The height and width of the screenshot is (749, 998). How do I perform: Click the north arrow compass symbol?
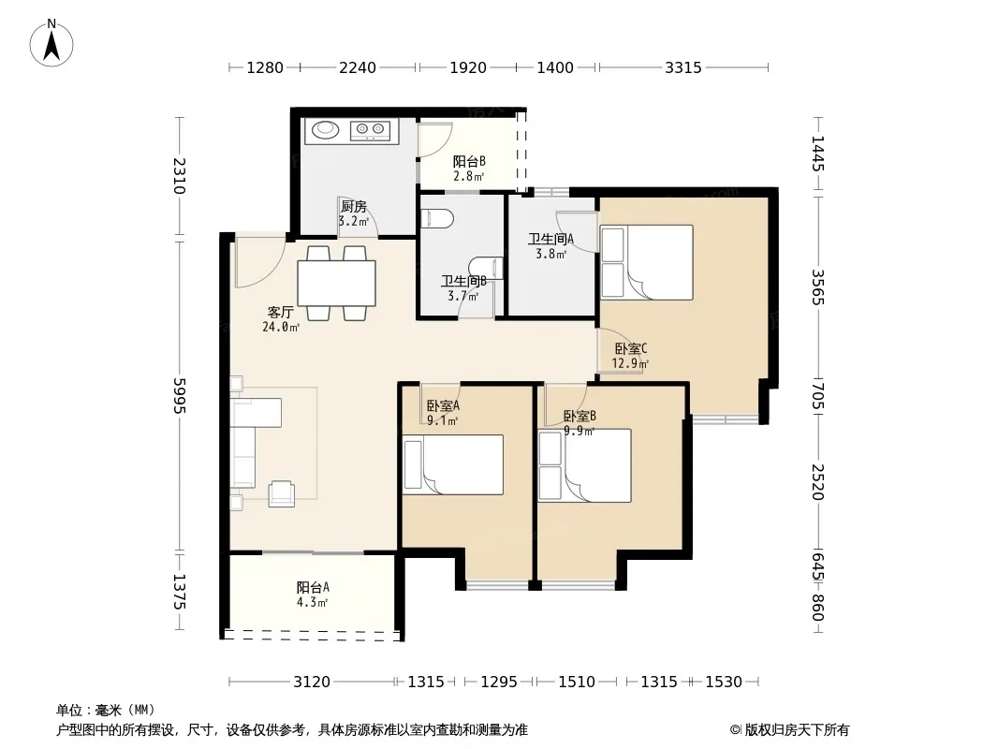pyautogui.click(x=51, y=43)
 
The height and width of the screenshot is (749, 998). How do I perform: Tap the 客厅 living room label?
pyautogui.click(x=281, y=313)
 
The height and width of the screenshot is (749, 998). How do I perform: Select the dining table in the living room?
pyautogui.click(x=337, y=283)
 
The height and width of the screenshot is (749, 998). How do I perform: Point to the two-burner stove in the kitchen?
pyautogui.click(x=370, y=130)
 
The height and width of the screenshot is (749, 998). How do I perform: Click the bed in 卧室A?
pyautogui.click(x=453, y=464)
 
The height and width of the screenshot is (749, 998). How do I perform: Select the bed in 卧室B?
pyautogui.click(x=585, y=466)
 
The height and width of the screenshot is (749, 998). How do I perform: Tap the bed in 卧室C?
pyautogui.click(x=647, y=262)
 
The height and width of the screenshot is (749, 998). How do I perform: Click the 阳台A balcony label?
pyautogui.click(x=313, y=587)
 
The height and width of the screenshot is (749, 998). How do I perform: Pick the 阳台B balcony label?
pyautogui.click(x=469, y=162)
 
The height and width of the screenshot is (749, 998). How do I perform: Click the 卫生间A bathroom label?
pyautogui.click(x=551, y=240)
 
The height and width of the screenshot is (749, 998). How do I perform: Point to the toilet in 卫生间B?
pyautogui.click(x=437, y=218)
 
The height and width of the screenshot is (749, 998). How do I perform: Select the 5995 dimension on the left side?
pyautogui.click(x=180, y=396)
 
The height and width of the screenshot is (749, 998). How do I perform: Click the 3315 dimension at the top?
pyautogui.click(x=682, y=67)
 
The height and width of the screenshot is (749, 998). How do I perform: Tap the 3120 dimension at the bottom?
pyautogui.click(x=311, y=683)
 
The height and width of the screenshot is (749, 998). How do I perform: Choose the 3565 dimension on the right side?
pyautogui.click(x=818, y=287)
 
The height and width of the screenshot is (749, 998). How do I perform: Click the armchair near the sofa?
pyautogui.click(x=281, y=493)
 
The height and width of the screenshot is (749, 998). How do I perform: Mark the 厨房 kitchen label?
pyautogui.click(x=353, y=207)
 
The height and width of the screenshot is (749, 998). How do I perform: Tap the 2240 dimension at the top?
pyautogui.click(x=357, y=67)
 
